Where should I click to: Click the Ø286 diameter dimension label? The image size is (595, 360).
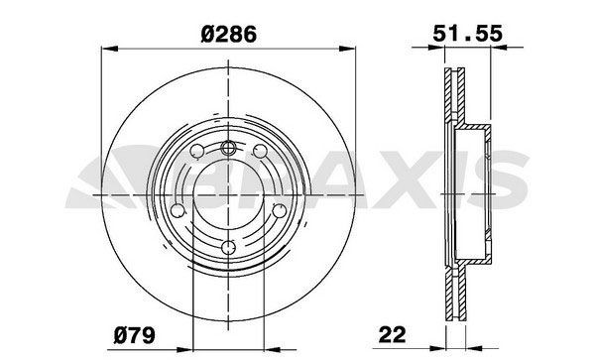(229, 33)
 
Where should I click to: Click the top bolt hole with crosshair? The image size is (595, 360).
(228, 149)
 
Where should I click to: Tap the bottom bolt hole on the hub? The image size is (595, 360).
(228, 247)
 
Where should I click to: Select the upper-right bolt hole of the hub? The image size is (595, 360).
(261, 152)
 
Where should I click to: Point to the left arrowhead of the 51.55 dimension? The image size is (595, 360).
(443, 47)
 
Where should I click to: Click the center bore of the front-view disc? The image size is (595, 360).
(229, 197)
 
